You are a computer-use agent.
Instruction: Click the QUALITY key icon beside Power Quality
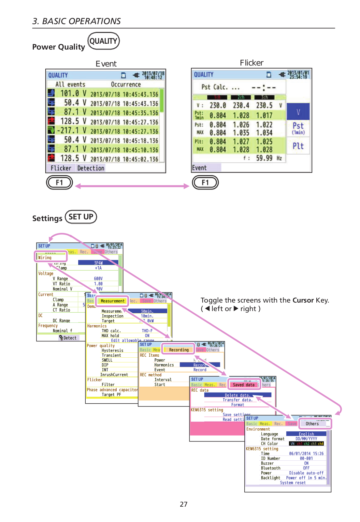[104, 41]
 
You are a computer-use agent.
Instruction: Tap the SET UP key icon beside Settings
[81, 217]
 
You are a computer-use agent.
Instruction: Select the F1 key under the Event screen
[59, 183]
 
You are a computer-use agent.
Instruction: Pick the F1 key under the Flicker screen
[205, 183]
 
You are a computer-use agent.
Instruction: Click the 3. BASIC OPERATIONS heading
[77, 21]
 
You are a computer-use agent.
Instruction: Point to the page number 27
[183, 504]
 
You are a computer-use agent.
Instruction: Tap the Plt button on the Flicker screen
[298, 146]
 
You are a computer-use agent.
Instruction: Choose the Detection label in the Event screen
[91, 168]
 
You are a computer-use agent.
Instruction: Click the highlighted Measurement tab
[112, 301]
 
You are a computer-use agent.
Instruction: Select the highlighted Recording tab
[179, 350]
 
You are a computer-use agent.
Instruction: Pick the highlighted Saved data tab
[243, 385]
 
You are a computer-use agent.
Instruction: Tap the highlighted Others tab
[312, 424]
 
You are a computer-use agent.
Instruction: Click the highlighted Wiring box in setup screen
[51, 257]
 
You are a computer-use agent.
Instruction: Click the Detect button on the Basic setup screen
[68, 338]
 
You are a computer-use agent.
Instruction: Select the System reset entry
[293, 483]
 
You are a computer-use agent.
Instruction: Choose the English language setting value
[306, 434]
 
